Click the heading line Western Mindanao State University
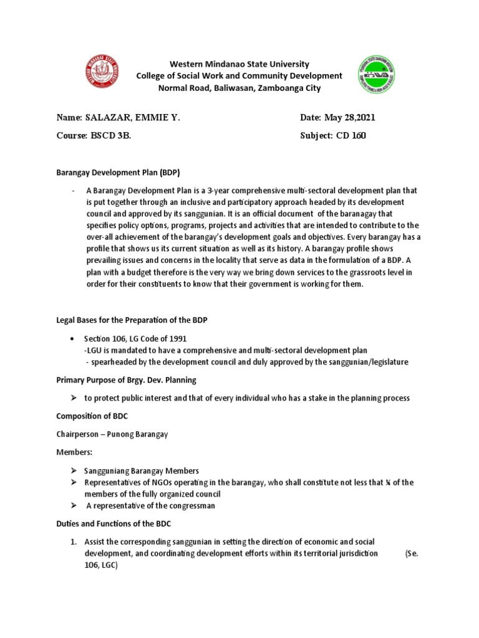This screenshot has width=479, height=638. pyautogui.click(x=239, y=64)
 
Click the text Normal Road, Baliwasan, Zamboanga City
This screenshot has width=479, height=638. pyautogui.click(x=239, y=88)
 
